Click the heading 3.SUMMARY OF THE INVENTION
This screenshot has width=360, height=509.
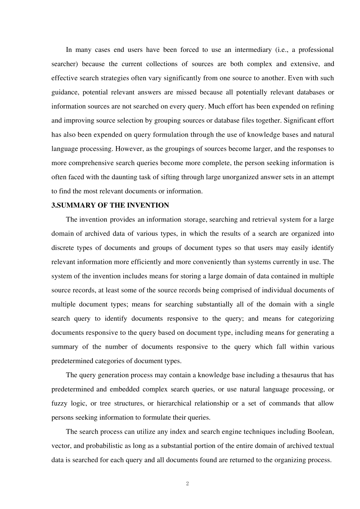(x=110, y=205)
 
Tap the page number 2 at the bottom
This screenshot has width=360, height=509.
(x=188, y=484)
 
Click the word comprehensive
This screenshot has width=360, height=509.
(x=92, y=163)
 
